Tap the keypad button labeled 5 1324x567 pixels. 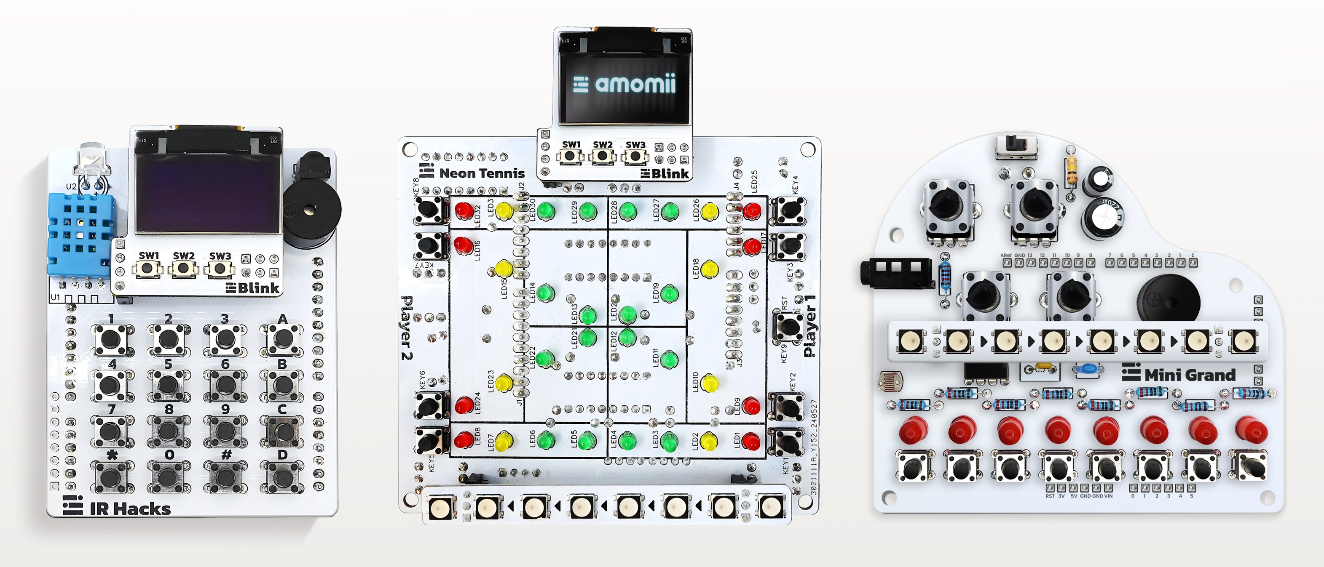168,384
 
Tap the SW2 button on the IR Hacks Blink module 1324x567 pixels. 183,268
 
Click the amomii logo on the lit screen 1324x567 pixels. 624,84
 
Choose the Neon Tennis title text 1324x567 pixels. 481,173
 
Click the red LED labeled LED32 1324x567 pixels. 464,210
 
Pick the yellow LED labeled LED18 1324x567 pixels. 709,268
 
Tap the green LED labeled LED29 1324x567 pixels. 587,210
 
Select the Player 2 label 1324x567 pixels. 407,327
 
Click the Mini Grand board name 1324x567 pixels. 1189,375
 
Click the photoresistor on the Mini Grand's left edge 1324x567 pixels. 890,381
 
